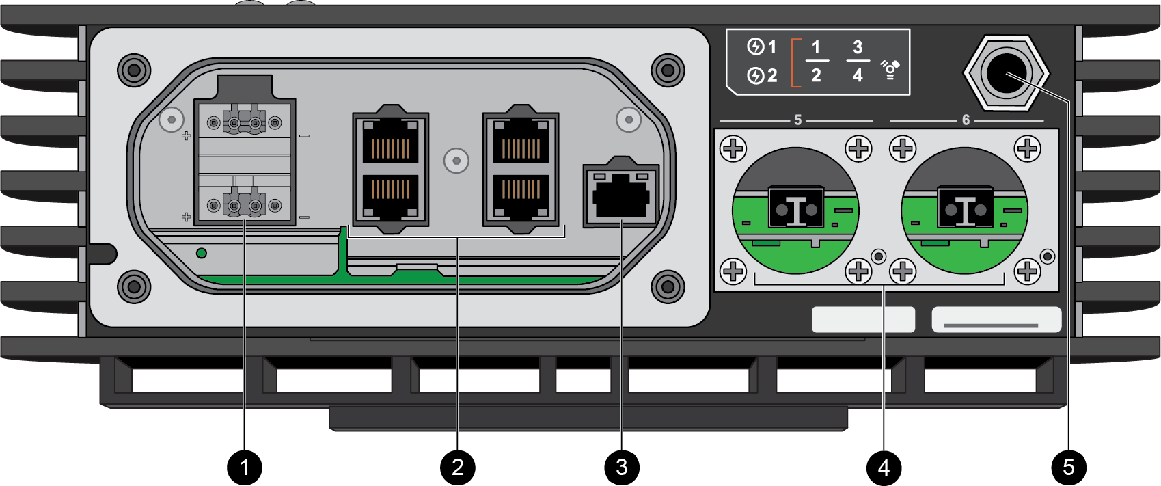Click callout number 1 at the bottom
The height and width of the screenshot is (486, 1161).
tap(245, 468)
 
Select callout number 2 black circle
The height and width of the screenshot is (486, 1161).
tap(458, 468)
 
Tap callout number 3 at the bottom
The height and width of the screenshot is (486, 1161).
tap(621, 468)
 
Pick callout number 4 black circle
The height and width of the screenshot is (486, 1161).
tap(884, 468)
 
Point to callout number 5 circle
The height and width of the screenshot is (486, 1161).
tap(1069, 468)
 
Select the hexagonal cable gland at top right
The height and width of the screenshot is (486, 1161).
tap(1006, 74)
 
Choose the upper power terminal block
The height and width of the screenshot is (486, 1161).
tap(245, 123)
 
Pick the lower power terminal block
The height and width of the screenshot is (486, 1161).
tap(245, 204)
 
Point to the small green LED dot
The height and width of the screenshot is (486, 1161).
tap(202, 254)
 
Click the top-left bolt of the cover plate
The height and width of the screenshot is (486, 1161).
tap(134, 70)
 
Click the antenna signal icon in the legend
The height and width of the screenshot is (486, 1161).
tap(890, 69)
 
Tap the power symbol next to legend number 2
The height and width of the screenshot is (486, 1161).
tap(755, 75)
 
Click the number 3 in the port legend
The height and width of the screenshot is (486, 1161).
tap(858, 47)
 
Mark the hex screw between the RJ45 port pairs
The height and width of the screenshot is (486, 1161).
tap(456, 161)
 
